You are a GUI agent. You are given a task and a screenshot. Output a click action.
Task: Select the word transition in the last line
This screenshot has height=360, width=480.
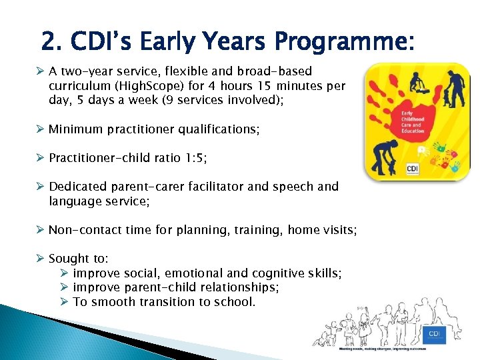tap(168, 302)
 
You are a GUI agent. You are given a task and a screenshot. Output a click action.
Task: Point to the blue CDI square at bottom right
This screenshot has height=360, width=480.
tap(434, 334)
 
